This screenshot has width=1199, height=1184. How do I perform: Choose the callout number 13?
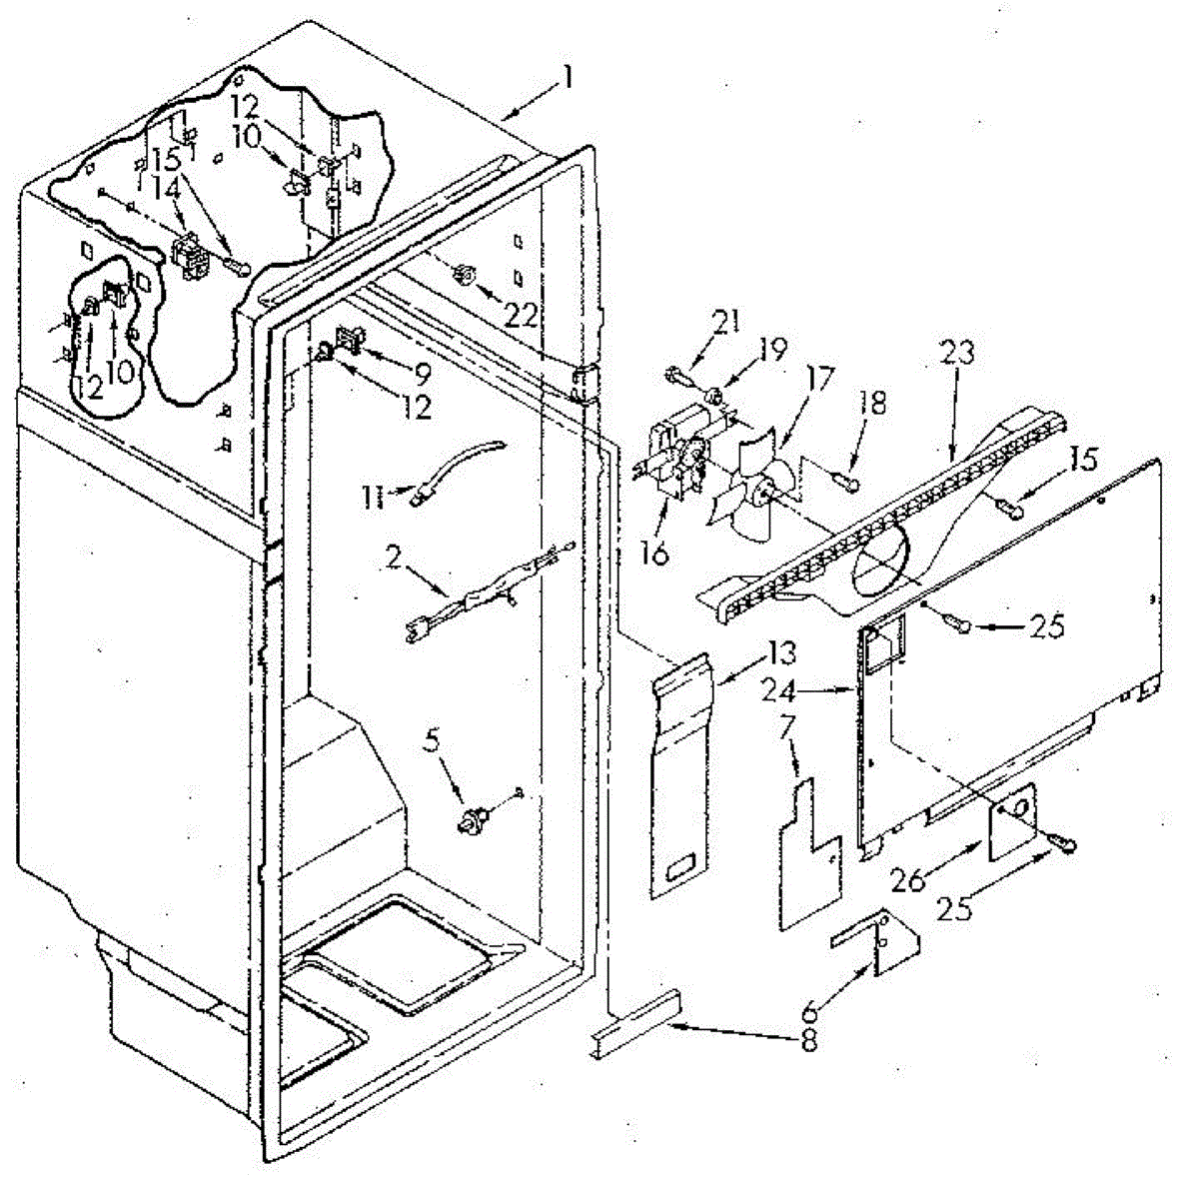coord(782,654)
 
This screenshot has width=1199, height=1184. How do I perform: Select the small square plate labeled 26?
coord(1010,818)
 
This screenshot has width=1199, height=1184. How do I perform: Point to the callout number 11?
coord(373,497)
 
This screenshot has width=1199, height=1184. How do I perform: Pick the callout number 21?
coord(727,323)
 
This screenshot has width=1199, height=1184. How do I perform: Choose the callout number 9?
coord(422,375)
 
